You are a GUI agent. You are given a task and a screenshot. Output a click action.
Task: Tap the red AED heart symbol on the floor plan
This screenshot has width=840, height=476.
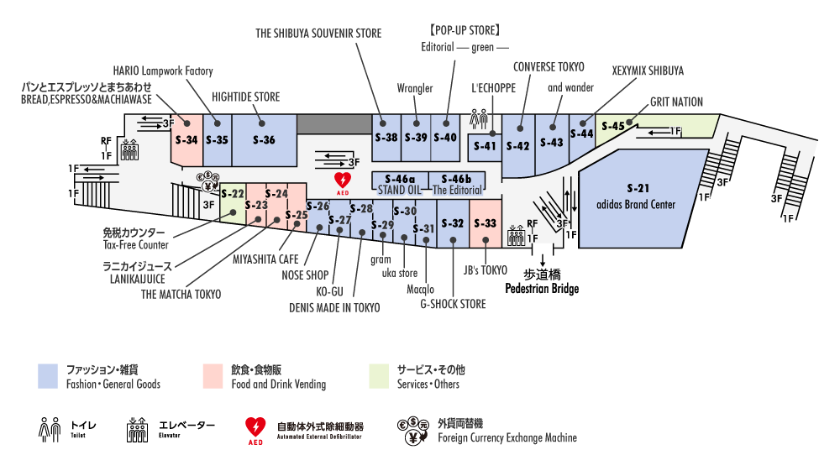coord(343,181)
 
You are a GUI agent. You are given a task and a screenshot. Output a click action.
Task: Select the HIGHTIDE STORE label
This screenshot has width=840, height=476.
coord(244,97)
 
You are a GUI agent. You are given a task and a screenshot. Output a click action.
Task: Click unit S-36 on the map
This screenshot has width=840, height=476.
coord(265,139)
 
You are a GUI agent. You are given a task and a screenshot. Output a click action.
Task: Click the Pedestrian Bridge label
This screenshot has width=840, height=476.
coord(542,289)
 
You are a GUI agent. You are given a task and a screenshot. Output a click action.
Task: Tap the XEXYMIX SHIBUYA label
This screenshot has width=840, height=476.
coord(648,71)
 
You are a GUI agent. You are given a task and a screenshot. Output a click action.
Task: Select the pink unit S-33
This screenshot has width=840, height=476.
coord(486,223)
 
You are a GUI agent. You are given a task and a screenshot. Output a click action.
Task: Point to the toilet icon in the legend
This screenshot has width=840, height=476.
coord(50,429)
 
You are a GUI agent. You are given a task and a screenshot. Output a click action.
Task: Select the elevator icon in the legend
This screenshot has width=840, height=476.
coord(137,429)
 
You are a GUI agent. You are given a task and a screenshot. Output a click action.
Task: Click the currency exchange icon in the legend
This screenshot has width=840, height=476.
coord(413,429)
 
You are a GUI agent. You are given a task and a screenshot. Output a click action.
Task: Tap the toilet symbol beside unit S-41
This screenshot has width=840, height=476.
coord(480,119)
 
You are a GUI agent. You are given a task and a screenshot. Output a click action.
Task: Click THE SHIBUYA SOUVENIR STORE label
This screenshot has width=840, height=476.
coord(318,34)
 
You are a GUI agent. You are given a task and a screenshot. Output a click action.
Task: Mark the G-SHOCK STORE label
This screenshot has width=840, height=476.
coord(453,304)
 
